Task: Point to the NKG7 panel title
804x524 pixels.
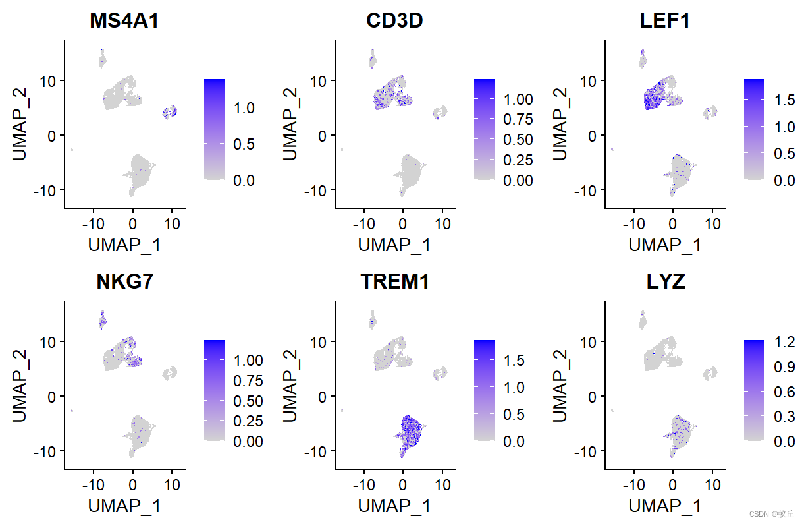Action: [124, 281]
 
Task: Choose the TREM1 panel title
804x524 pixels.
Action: [394, 281]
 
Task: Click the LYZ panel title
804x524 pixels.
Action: [665, 281]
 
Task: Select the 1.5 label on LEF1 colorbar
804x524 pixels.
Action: [785, 100]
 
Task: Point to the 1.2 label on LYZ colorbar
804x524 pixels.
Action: [785, 341]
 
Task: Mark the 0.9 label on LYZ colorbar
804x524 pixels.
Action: [785, 366]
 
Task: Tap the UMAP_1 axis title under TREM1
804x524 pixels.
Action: [394, 506]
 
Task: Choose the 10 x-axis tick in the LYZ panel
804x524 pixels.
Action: [712, 484]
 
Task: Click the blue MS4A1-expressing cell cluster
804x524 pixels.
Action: [170, 112]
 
